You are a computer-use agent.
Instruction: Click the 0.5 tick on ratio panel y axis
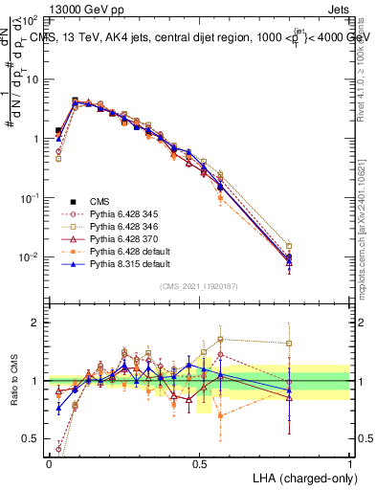[33, 439]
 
